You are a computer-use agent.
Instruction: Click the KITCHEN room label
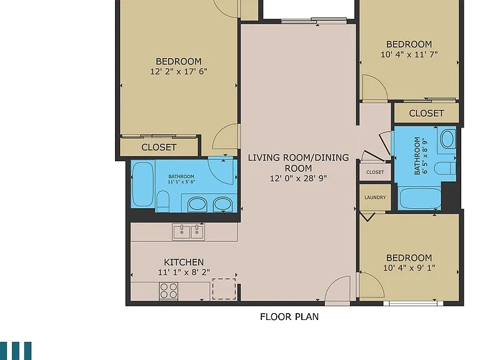(x=184, y=262)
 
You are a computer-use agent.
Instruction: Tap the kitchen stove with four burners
(x=169, y=291)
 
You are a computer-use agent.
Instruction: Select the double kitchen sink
(x=188, y=232)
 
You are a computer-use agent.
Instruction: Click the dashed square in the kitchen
(x=224, y=289)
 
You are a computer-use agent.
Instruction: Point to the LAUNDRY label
(x=375, y=197)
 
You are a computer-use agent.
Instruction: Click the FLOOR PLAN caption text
(x=289, y=316)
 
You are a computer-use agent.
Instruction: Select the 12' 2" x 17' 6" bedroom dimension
(x=179, y=71)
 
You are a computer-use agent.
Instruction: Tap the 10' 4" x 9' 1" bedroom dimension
(x=409, y=268)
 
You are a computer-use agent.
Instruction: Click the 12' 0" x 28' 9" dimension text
(x=299, y=178)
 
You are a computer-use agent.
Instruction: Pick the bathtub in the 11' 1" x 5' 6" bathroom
(x=143, y=184)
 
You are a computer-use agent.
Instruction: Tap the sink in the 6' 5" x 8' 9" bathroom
(x=447, y=139)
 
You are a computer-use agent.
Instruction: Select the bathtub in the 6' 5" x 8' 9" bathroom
(x=420, y=199)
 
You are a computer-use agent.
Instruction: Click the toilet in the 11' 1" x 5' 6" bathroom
(x=163, y=201)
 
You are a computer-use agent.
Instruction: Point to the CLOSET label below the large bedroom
(x=159, y=147)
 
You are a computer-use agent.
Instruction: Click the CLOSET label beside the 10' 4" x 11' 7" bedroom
(x=426, y=113)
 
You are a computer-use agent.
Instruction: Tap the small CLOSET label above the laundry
(x=375, y=172)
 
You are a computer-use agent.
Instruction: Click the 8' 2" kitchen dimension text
(x=200, y=272)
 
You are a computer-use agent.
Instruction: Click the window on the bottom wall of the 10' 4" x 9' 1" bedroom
(x=413, y=303)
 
